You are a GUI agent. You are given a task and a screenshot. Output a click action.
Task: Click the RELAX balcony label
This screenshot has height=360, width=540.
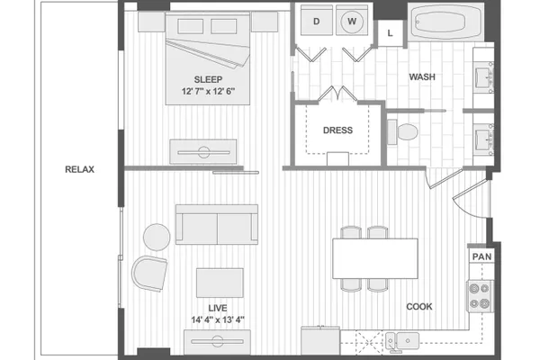pos(79,169)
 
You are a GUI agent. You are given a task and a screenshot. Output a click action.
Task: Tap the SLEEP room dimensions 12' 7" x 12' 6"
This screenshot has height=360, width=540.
pos(209,92)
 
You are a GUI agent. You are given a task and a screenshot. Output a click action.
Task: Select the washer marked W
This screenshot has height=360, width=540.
pos(352,21)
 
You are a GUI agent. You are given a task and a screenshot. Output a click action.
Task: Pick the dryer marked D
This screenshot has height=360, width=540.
pos(317,21)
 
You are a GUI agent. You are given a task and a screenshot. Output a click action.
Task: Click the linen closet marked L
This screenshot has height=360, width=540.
pos(391,33)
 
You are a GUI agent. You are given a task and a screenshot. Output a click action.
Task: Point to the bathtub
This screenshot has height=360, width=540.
pos(446,22)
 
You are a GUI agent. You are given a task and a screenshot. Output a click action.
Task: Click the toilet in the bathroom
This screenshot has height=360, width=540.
pos(402,132)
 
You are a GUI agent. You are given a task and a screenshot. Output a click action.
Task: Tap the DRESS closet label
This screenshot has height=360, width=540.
pos(337,130)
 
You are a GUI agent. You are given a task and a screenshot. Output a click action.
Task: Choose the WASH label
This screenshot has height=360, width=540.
pos(422,76)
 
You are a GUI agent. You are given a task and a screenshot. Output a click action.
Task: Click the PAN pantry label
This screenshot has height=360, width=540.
pos(481,256)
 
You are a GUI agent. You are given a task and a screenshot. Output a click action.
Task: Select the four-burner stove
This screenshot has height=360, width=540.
pos(480,297)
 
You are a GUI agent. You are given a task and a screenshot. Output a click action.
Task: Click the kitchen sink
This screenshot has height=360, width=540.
pos(402,341)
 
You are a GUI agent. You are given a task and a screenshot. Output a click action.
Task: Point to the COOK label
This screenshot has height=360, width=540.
pos(419,307)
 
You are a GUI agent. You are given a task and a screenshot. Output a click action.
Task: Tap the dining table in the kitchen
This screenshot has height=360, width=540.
pos(375,258)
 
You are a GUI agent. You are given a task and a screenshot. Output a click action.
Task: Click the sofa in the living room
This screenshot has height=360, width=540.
pos(217,225)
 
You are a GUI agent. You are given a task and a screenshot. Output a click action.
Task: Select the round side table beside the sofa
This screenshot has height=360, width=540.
pos(157,237)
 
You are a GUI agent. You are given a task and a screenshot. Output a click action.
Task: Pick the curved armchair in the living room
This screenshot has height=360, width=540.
pos(149,274)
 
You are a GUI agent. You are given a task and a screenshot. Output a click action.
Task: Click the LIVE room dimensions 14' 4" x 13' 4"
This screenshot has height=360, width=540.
pos(218,320)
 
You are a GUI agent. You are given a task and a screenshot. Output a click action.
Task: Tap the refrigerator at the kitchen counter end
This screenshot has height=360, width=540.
pos(320,341)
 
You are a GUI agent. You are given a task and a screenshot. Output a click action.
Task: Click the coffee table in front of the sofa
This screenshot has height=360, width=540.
pos(220,283)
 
